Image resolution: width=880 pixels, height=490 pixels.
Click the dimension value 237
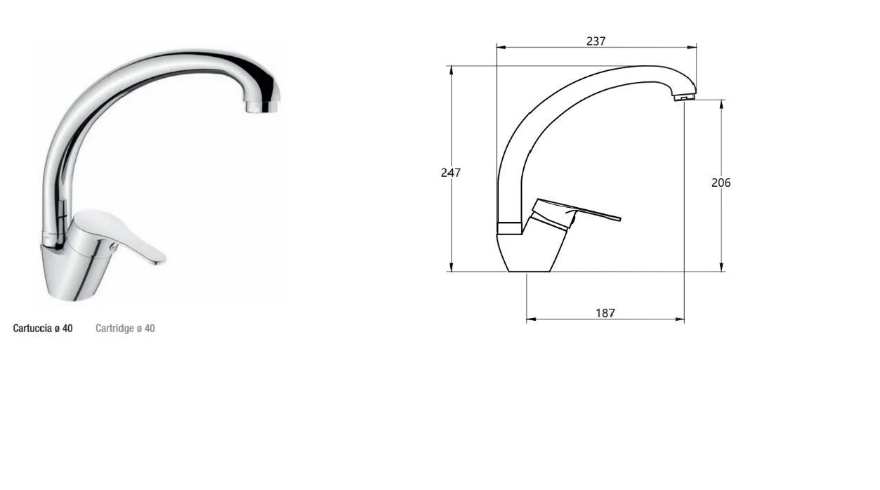click(x=596, y=41)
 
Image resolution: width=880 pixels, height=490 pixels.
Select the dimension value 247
click(x=451, y=173)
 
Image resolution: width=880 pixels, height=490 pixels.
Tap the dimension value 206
click(x=721, y=183)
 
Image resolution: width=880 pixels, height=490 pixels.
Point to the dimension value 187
click(x=605, y=313)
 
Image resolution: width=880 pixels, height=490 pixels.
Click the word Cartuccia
click(x=32, y=329)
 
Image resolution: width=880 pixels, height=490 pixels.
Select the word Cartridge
click(x=114, y=329)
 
